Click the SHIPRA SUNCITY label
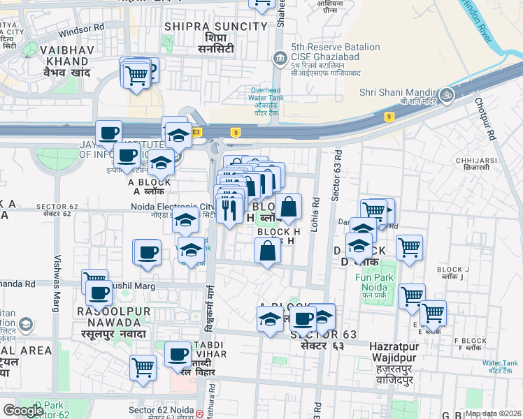pos(215,27)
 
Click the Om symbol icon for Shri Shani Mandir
pos(446,93)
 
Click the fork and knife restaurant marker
pos(229,207)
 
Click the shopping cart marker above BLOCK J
pos(409,246)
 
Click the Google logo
pos(23,411)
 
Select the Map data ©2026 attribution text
pos(493,413)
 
